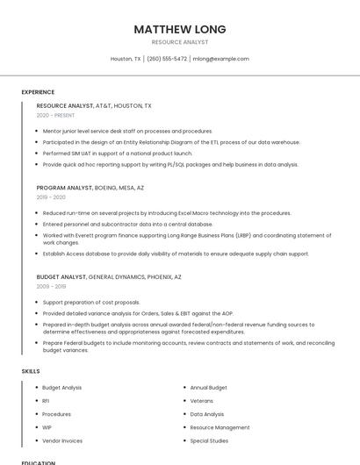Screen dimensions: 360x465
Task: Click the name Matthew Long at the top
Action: coord(179,29)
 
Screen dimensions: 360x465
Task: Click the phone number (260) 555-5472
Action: coord(167,59)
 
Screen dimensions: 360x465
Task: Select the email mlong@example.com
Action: coord(221,59)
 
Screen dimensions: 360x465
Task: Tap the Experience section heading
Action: coord(38,92)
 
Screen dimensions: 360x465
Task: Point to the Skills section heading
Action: coord(31,371)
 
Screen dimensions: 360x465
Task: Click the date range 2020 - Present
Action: coord(55,115)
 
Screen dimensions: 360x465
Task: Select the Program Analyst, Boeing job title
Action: coord(90,188)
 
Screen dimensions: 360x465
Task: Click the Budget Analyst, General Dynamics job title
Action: coord(109,276)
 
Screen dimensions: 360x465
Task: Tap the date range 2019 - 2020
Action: coord(51,197)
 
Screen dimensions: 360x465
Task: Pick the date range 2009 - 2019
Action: coord(51,286)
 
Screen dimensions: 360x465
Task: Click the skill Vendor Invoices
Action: coord(62,440)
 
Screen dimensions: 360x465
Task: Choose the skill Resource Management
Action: coord(220,427)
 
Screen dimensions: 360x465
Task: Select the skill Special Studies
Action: coord(209,440)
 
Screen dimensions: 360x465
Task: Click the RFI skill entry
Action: coord(46,401)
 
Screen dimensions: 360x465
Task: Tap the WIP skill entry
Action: coord(47,427)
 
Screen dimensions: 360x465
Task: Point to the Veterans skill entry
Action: coord(202,401)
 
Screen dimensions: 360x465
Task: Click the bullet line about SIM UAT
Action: coord(117,153)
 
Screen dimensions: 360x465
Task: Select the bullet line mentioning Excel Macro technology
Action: coord(167,213)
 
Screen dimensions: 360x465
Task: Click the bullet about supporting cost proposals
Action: coord(91,302)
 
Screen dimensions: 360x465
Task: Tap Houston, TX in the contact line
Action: coord(126,59)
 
